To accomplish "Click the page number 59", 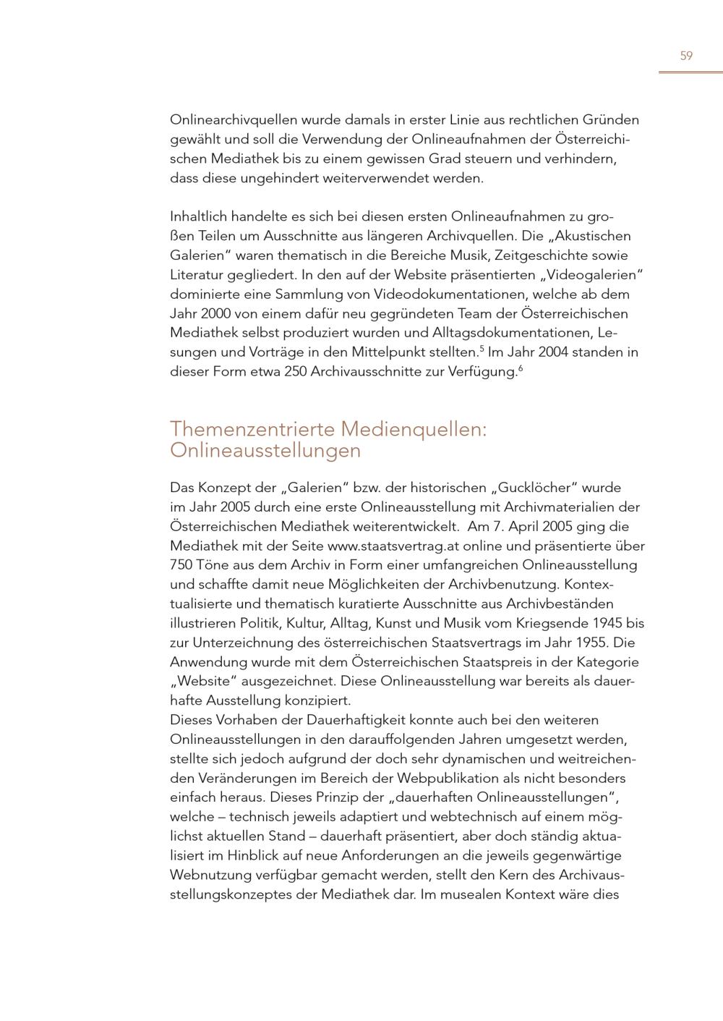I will coord(686,56).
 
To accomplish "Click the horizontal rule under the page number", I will coord(690,72).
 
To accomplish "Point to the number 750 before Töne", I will coord(181,565).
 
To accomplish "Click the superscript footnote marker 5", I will coord(482,349).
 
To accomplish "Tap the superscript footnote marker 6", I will coord(520,369).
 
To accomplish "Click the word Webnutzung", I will coord(210,875).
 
